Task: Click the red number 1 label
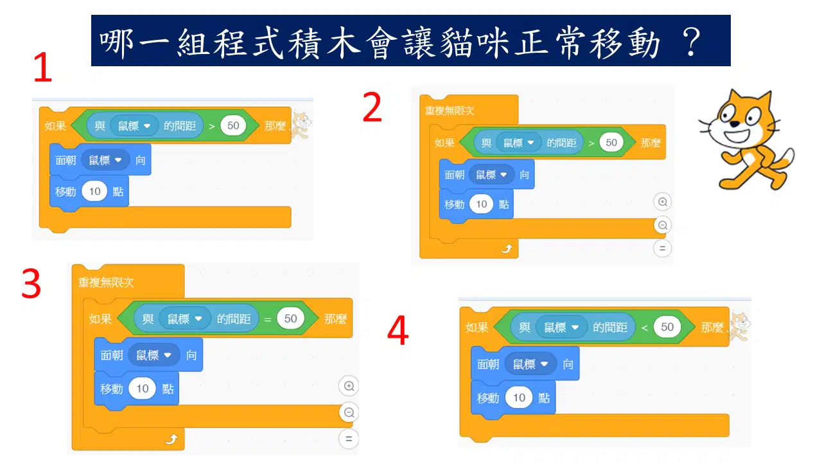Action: [x=43, y=67]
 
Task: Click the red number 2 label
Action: [x=372, y=107]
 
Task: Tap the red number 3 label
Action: [x=31, y=284]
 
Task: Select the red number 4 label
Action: [x=398, y=330]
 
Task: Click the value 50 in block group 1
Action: [x=233, y=125]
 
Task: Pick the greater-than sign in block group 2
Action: [x=591, y=143]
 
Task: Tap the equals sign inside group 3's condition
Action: [x=268, y=320]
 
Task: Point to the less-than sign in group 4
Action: [x=644, y=328]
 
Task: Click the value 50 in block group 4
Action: [x=667, y=327]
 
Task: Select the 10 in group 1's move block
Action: [x=94, y=191]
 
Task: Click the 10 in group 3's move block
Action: [x=143, y=388]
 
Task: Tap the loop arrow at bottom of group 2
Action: [x=507, y=249]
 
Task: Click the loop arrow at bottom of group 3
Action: [x=171, y=439]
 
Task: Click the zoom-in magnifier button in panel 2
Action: [x=662, y=202]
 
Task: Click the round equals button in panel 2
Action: [x=662, y=248]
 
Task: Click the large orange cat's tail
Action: [x=783, y=161]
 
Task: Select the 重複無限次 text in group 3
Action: [x=106, y=282]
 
